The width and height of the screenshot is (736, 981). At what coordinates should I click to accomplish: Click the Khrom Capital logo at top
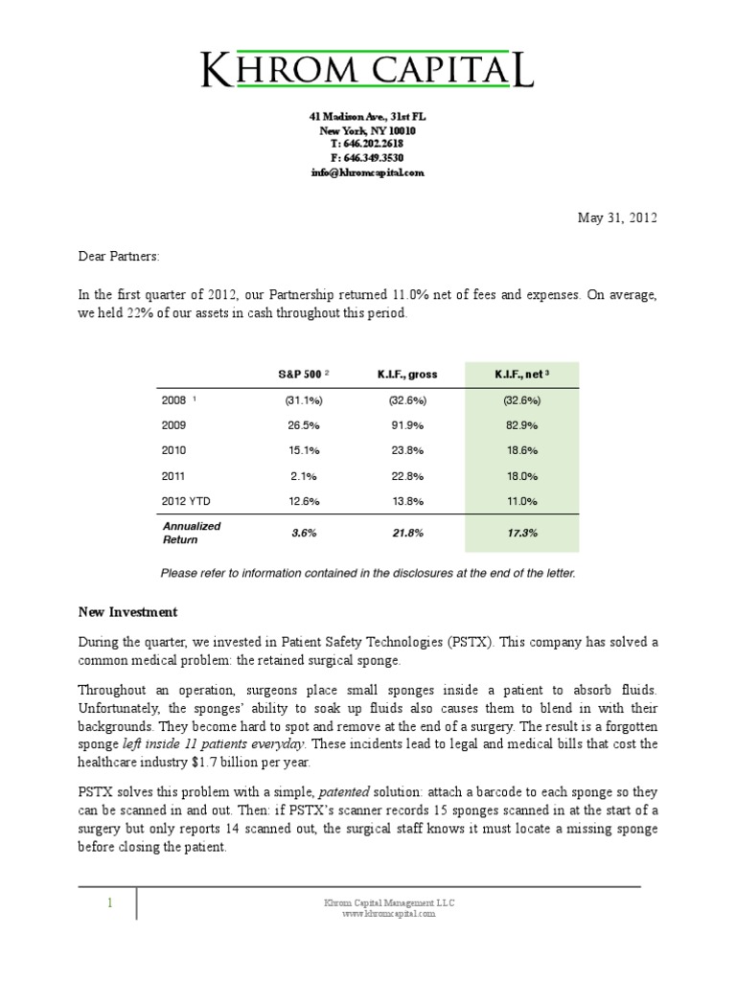[x=367, y=70]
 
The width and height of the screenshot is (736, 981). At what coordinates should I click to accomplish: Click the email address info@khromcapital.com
[x=367, y=173]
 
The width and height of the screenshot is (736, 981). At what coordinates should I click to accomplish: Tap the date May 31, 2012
[x=618, y=217]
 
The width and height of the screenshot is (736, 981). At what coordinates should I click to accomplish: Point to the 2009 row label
[x=175, y=424]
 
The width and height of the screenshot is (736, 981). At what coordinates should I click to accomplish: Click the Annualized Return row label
[x=191, y=533]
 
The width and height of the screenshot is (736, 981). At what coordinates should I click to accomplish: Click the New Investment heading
[x=127, y=611]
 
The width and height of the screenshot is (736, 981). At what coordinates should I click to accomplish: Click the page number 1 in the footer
[x=110, y=903]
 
